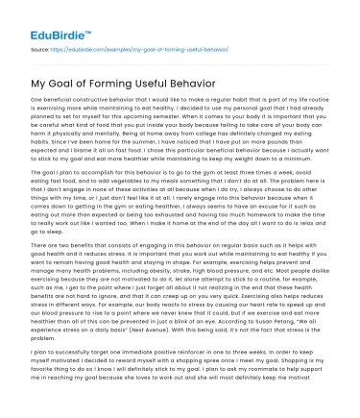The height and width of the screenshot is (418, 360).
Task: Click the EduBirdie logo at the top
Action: (38, 16)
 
